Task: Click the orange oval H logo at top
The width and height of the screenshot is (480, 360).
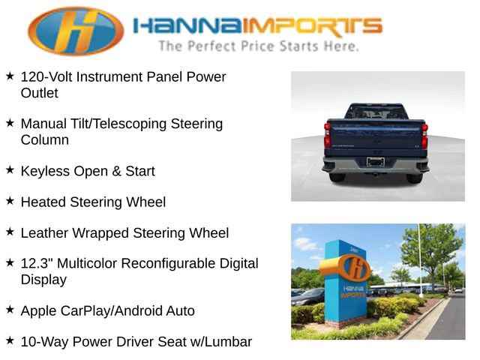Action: pyautogui.click(x=76, y=31)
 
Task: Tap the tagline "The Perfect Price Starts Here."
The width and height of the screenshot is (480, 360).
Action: pyautogui.click(x=258, y=46)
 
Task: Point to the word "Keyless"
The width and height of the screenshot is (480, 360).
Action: pyautogui.click(x=45, y=171)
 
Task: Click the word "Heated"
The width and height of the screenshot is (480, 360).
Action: pyautogui.click(x=43, y=202)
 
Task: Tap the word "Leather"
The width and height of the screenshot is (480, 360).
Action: pyautogui.click(x=46, y=233)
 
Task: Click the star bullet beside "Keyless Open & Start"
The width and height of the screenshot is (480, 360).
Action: pyautogui.click(x=10, y=170)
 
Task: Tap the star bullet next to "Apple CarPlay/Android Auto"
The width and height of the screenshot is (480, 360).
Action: pyautogui.click(x=10, y=310)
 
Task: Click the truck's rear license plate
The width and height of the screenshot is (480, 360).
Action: pyautogui.click(x=376, y=161)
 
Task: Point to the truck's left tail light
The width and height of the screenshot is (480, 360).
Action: pyautogui.click(x=327, y=136)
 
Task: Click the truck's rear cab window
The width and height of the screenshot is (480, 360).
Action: pyautogui.click(x=375, y=113)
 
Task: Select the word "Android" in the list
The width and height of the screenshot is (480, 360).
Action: pyautogui.click(x=147, y=310)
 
